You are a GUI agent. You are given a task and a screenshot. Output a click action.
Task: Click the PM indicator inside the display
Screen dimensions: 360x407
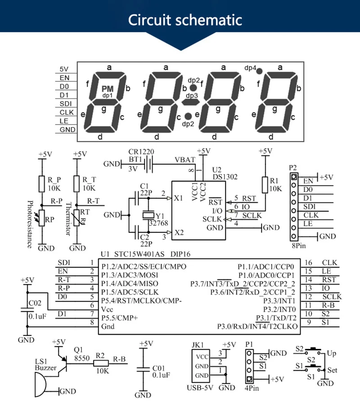coord(108,89)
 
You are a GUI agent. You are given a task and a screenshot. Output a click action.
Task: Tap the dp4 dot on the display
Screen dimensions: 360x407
coord(259,71)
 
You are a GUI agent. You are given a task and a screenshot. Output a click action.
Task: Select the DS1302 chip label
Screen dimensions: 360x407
coord(225,177)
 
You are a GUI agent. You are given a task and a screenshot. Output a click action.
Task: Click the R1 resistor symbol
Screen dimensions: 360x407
coord(265,185)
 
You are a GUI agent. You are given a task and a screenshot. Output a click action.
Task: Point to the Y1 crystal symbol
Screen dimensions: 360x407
coord(148,215)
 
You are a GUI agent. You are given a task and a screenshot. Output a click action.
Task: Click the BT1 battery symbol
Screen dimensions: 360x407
coord(148,164)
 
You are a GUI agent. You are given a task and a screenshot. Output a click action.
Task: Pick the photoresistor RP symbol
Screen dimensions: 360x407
coord(41,219)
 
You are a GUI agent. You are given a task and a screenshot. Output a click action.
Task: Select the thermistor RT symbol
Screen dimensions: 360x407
coord(77,218)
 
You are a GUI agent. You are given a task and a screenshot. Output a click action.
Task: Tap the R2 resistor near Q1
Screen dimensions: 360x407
coord(101,363)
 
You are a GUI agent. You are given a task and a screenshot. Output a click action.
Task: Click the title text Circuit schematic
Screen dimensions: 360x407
coord(185,20)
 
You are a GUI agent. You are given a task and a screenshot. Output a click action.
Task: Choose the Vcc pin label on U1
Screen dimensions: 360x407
coord(107,309)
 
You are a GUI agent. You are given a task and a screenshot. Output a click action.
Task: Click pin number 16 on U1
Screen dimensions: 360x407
coord(308,263)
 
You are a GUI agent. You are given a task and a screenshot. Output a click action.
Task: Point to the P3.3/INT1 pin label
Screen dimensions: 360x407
coord(279,301)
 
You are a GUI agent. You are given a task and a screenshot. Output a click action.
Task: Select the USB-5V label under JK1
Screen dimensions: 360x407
coord(200,388)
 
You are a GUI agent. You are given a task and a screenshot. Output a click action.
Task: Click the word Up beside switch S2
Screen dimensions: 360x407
coord(332,353)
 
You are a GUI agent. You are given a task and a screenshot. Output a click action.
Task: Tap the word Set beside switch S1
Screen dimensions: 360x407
coord(332,370)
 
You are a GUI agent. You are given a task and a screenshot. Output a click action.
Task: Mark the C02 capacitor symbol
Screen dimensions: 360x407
coord(27,310)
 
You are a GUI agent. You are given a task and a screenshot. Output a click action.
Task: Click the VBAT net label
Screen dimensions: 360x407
coord(184,160)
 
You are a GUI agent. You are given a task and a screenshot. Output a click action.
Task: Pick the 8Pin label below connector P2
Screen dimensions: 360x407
coord(299,246)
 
